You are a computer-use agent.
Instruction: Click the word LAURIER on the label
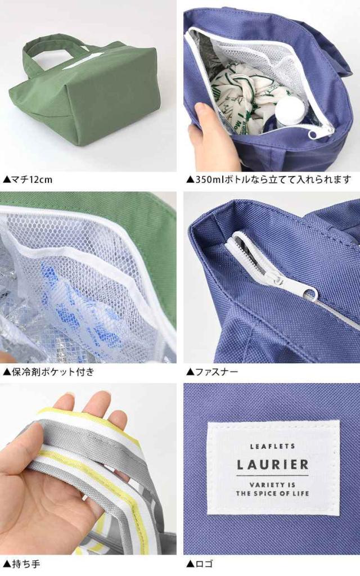click(x=273, y=464)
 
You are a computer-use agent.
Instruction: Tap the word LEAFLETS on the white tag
click(x=273, y=447)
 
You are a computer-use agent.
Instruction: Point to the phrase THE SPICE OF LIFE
click(x=273, y=493)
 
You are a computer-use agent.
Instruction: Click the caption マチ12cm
click(x=28, y=179)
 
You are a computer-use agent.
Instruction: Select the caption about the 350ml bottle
click(x=269, y=179)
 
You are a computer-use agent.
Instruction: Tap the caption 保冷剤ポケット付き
click(x=48, y=372)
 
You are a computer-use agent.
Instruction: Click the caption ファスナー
click(x=212, y=372)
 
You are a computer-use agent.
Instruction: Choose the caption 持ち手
click(x=21, y=564)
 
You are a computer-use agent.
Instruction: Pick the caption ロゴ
click(x=200, y=564)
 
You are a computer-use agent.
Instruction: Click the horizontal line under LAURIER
click(x=273, y=476)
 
